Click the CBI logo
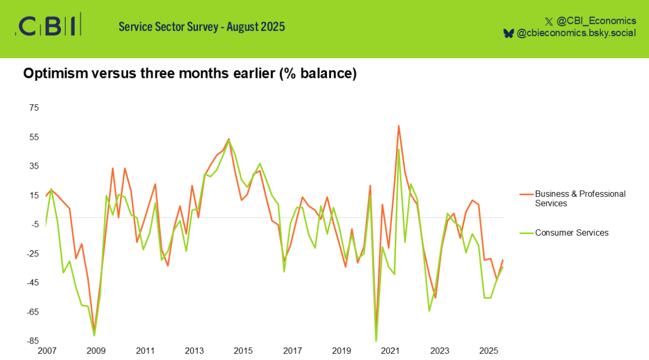point(49,25)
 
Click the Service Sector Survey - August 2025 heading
point(201,26)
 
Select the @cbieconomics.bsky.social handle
point(576,33)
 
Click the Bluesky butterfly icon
point(508,33)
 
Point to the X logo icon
point(548,21)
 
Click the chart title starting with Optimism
point(190,74)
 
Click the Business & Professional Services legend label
point(580,199)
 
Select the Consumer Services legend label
point(572,232)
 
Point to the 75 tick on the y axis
point(34,107)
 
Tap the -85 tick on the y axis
point(33,340)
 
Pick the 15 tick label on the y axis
point(34,195)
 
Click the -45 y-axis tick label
point(33,282)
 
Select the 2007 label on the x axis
point(47,350)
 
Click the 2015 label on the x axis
point(243,350)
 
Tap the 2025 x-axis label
point(488,350)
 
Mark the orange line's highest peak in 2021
point(398,125)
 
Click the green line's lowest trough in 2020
point(376,341)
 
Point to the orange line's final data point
point(502,260)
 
